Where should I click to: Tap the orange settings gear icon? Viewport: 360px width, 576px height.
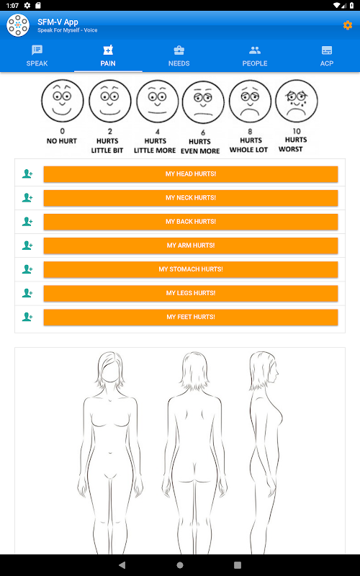[348, 25]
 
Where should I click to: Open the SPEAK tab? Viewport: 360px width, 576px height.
[37, 56]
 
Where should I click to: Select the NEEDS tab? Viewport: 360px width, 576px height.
[179, 56]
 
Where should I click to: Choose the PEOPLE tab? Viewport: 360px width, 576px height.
[255, 56]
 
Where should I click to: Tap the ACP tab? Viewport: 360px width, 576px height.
[327, 56]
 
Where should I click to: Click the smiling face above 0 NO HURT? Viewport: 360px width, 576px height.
[63, 101]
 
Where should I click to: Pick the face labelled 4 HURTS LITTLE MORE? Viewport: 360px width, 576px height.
[158, 102]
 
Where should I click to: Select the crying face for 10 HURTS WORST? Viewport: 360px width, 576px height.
[297, 101]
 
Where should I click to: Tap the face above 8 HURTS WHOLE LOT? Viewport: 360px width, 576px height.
[250, 102]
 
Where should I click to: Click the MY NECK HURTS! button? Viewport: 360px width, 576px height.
[191, 198]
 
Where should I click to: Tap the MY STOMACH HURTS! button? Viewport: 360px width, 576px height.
[191, 269]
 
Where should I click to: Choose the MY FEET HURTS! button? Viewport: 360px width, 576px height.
[191, 318]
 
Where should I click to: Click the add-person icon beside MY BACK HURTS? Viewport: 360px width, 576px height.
[27, 222]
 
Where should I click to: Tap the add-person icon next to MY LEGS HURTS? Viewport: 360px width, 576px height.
[27, 293]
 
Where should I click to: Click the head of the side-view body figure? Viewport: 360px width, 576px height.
[264, 371]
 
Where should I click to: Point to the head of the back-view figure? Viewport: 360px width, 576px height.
[195, 370]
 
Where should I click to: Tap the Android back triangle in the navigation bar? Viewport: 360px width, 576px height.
[122, 565]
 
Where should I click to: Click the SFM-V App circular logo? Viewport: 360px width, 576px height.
[18, 25]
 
